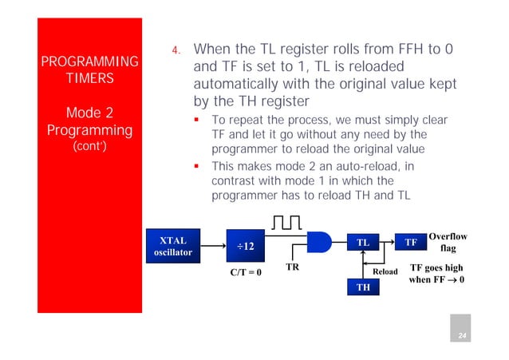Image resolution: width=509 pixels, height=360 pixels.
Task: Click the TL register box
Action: point(362,242)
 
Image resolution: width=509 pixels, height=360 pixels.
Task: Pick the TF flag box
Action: point(411,242)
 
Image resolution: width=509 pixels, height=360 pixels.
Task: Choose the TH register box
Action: point(362,286)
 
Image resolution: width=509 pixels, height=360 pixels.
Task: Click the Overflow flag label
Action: point(448,243)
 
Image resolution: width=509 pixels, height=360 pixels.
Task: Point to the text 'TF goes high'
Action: point(436,268)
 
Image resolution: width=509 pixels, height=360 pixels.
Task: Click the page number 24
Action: point(460,337)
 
